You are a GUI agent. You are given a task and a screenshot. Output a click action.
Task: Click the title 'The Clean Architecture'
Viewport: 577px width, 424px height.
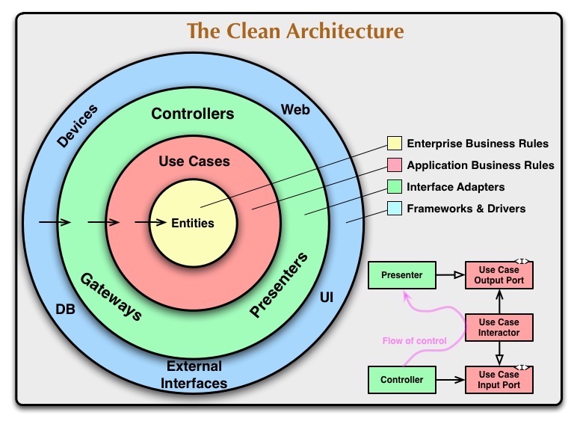(x=294, y=31)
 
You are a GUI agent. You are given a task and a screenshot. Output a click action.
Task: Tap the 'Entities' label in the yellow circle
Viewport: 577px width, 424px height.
(x=193, y=223)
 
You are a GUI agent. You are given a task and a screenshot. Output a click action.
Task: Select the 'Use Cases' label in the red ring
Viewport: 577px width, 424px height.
(x=194, y=161)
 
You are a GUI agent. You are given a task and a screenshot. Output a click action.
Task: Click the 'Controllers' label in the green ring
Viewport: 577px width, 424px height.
(x=193, y=114)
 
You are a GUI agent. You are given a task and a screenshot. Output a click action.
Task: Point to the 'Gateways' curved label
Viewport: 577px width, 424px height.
(x=111, y=295)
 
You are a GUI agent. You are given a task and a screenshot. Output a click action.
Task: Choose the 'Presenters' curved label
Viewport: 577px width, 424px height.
(x=279, y=286)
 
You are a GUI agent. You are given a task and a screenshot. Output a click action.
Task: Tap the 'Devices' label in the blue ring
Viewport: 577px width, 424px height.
(x=77, y=125)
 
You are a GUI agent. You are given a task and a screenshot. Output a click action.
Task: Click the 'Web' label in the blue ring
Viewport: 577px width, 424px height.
(x=295, y=110)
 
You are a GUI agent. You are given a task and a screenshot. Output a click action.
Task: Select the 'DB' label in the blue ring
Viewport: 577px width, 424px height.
(x=65, y=308)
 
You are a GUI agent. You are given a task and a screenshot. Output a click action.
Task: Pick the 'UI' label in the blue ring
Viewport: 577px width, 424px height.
(x=327, y=298)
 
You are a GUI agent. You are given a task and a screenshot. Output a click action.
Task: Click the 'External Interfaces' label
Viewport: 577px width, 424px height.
(x=195, y=375)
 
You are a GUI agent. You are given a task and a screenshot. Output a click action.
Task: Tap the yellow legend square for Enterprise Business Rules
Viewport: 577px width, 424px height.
(x=394, y=144)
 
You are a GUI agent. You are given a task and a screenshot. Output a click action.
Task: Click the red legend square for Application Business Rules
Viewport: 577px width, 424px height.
(x=394, y=165)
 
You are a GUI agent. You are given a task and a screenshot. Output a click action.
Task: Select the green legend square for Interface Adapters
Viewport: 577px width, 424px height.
(x=394, y=187)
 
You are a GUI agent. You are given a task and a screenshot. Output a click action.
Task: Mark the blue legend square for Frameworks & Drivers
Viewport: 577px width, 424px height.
(x=394, y=209)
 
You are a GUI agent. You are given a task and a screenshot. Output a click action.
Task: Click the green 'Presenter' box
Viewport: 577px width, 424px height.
(x=401, y=275)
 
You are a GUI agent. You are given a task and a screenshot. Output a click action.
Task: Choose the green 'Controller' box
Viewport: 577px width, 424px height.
(x=401, y=380)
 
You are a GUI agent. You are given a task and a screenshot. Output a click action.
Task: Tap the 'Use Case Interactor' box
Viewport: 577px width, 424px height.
(x=499, y=328)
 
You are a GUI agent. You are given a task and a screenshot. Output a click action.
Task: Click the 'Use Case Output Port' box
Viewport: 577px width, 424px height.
(x=499, y=275)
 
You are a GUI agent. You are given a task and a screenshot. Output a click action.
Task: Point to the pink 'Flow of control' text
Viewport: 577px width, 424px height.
(x=414, y=341)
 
